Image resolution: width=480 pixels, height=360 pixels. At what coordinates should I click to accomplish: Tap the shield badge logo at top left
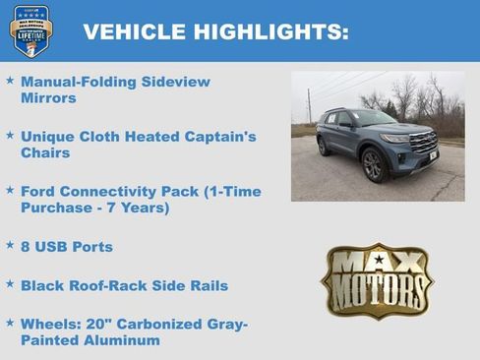coord(31,30)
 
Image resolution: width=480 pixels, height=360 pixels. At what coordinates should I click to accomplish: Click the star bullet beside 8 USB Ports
coord(10,245)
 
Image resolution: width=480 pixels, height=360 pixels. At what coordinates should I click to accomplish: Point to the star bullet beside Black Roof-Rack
coord(10,284)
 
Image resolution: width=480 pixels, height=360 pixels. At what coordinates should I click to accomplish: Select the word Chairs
coord(45,153)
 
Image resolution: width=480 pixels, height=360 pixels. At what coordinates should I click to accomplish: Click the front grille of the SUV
coord(423,146)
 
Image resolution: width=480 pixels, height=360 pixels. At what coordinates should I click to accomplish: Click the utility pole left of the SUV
coord(308,106)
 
